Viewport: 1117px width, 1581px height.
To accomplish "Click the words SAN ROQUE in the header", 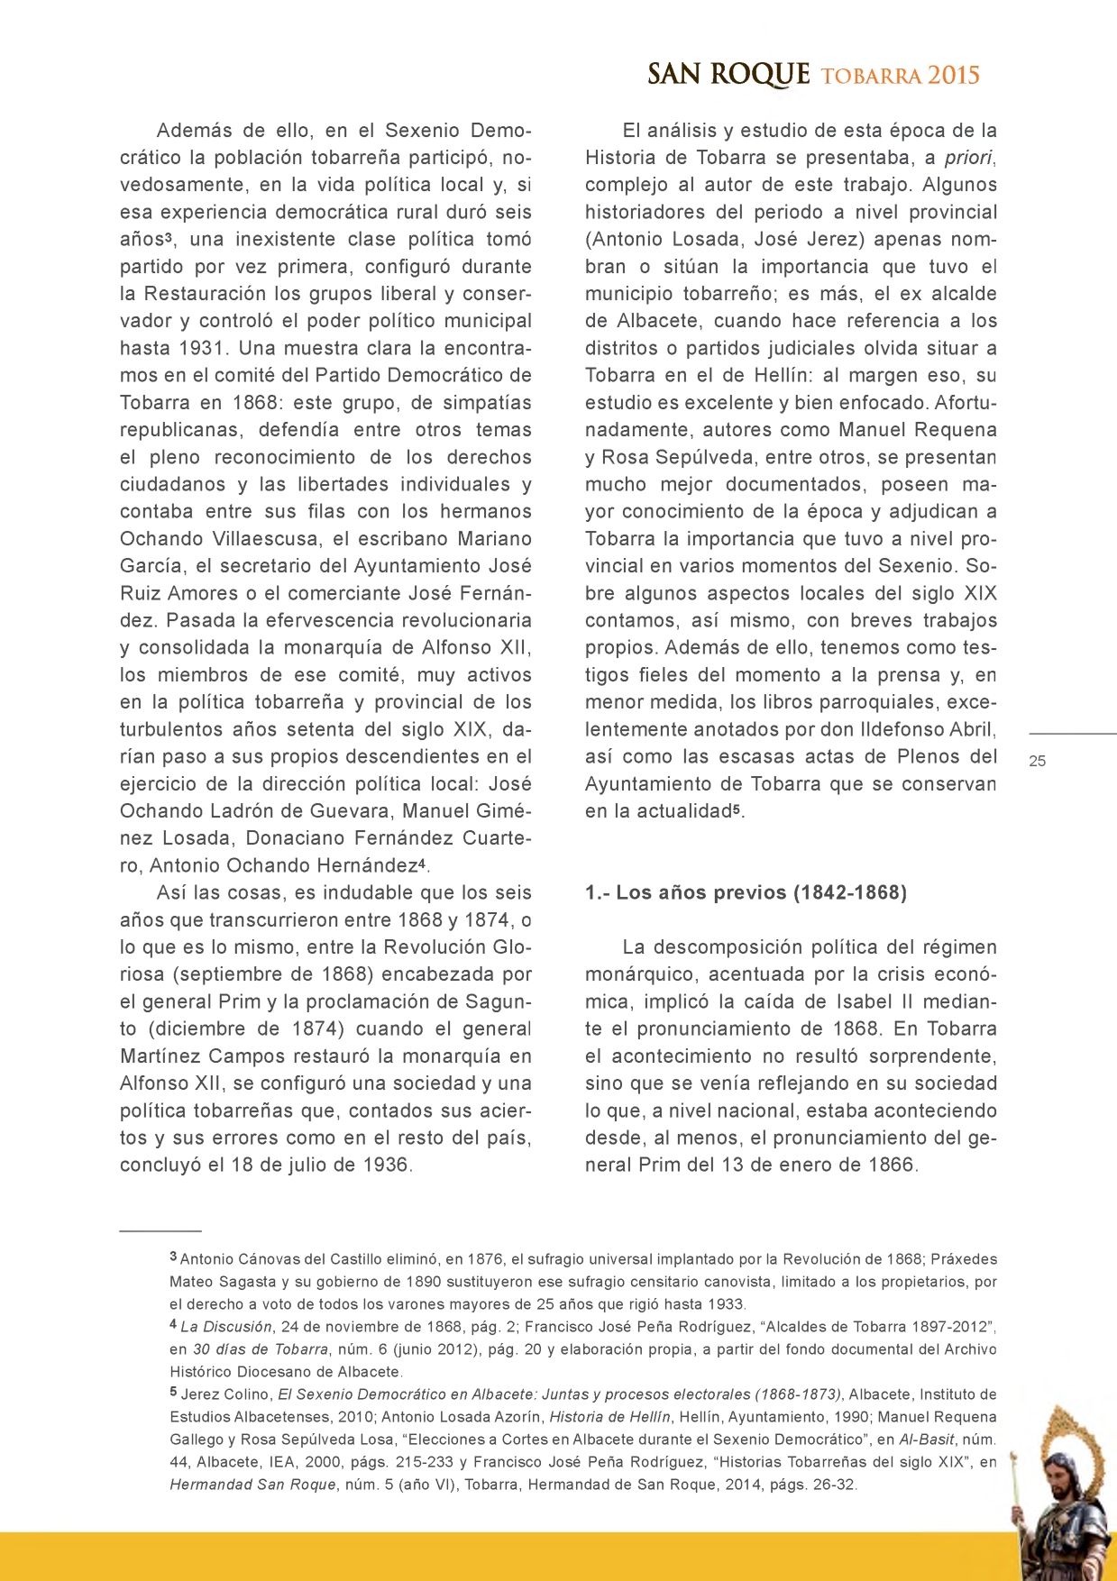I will tap(728, 75).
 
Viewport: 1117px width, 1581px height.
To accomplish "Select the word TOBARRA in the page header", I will tap(871, 77).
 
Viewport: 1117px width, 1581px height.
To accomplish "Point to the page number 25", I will tap(1038, 761).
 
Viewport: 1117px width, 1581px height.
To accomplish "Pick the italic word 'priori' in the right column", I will tap(968, 158).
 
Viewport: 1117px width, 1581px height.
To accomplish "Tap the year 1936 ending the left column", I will tap(384, 1165).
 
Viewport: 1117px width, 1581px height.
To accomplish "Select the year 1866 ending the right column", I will tap(890, 1165).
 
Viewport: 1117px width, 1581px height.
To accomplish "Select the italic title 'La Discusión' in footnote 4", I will tap(225, 1327).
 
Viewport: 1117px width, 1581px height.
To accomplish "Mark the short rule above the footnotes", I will tap(160, 1230).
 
